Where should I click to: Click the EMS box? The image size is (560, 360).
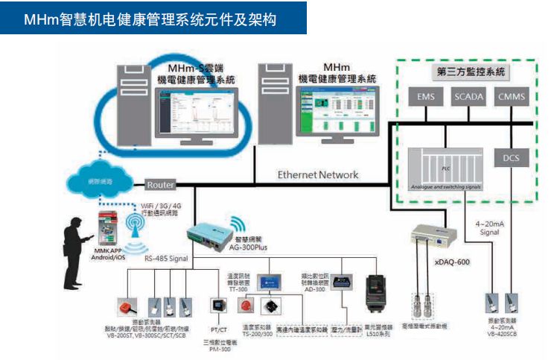[426, 97]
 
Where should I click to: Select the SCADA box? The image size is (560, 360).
[468, 97]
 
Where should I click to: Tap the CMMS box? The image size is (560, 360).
[512, 97]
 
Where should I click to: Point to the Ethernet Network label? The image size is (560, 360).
[318, 175]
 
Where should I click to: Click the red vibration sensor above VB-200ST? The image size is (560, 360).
[124, 306]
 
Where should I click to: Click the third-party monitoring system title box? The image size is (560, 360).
[469, 72]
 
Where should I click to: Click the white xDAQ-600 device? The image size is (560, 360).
[430, 239]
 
